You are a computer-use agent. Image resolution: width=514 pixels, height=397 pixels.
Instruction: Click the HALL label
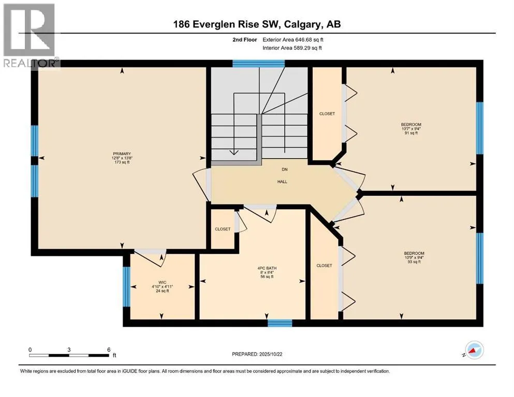282,181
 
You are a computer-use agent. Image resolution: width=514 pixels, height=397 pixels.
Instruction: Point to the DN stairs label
284,169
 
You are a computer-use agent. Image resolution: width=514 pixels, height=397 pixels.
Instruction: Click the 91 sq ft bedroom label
411,129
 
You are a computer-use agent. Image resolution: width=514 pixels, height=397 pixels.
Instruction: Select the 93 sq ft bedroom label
412,257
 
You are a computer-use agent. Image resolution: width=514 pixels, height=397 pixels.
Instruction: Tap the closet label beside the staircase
327,114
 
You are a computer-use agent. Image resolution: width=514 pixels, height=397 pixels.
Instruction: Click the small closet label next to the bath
223,229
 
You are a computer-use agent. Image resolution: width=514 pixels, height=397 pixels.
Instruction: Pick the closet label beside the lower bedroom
324,266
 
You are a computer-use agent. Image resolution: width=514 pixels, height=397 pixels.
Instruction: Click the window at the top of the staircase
258,64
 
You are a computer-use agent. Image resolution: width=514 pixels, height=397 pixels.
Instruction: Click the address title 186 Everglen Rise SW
256,24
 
